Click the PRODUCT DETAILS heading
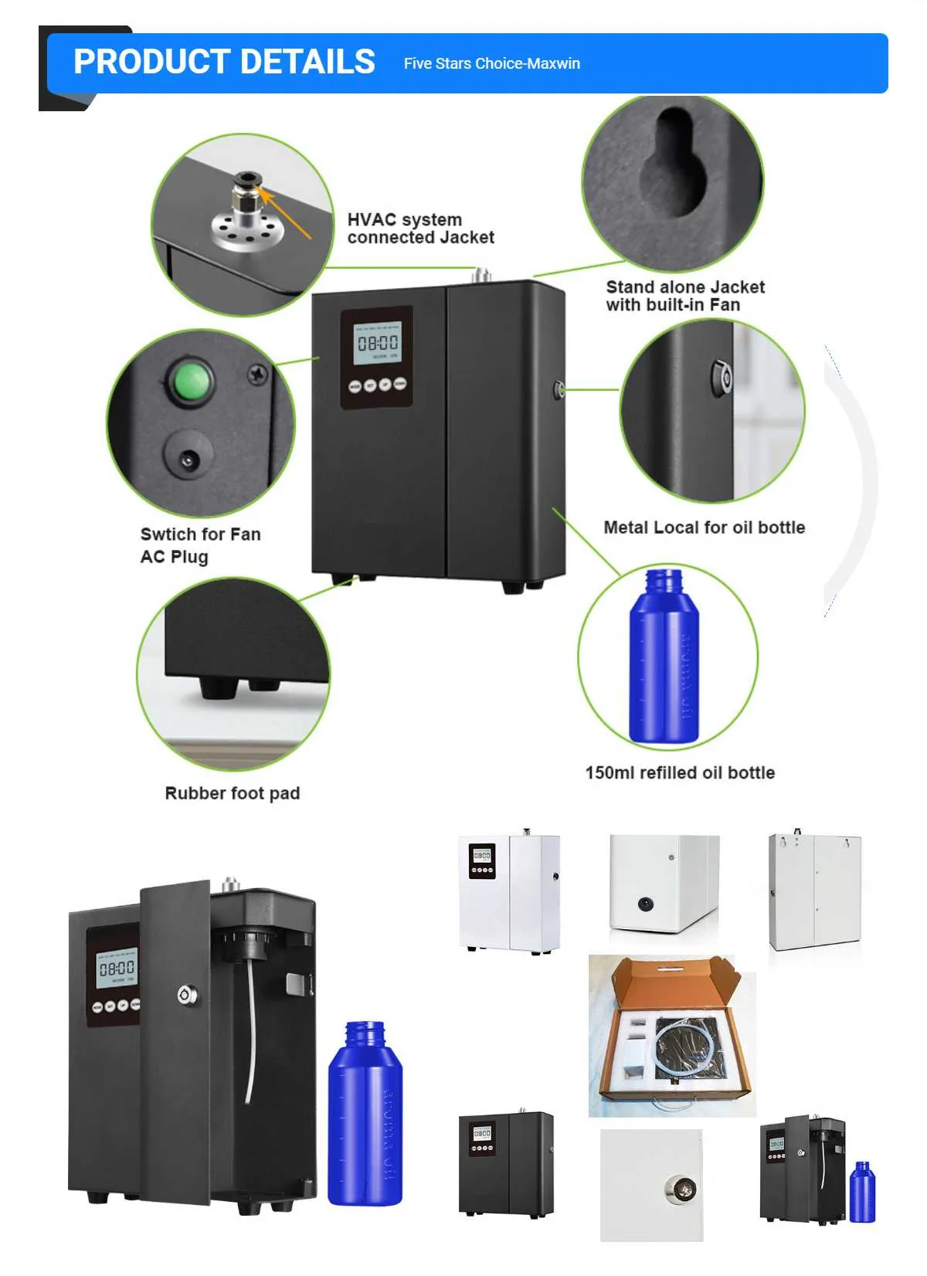[224, 62]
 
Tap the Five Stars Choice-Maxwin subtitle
[491, 63]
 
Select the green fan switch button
[191, 381]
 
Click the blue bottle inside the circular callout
[664, 657]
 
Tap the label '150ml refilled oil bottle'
[680, 772]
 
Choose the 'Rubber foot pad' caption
[233, 793]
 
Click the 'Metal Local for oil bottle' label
[704, 528]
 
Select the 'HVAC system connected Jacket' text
[420, 229]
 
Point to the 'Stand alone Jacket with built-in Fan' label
[685, 296]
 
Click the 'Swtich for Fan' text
[201, 534]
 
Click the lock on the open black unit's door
[186, 994]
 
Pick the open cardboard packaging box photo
[672, 1035]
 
